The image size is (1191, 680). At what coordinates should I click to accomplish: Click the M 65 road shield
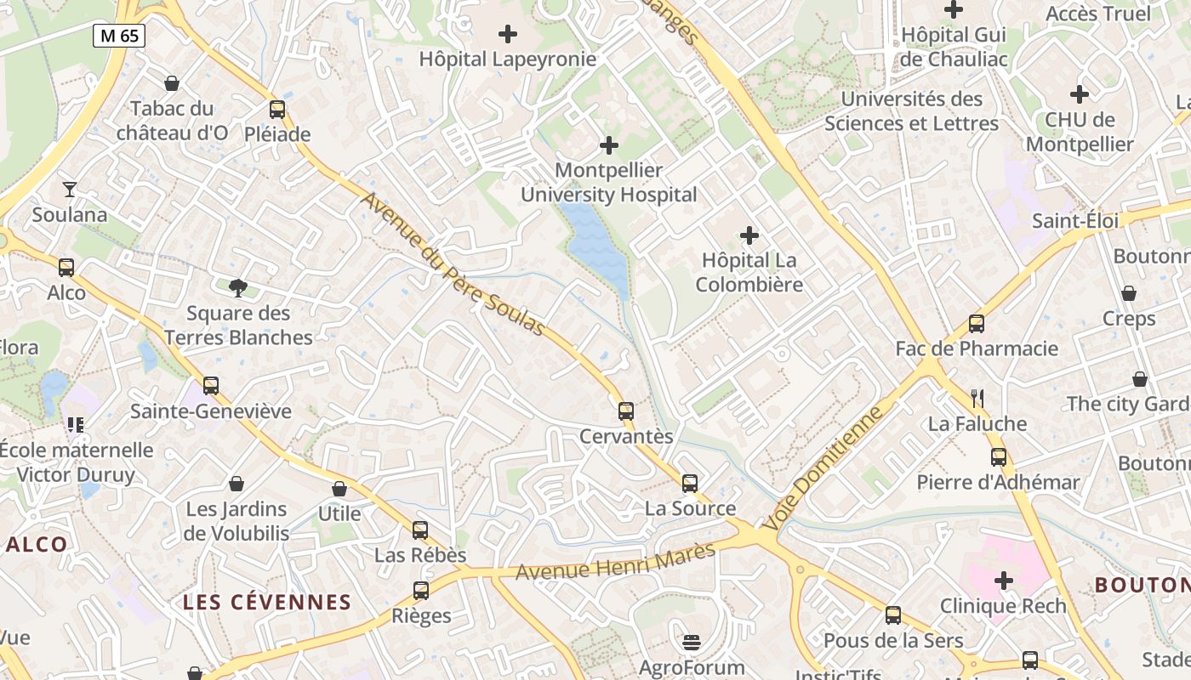click(x=119, y=36)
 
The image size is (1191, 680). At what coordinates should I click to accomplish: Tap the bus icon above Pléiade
click(x=277, y=110)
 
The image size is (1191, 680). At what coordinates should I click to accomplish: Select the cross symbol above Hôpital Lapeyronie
click(x=508, y=34)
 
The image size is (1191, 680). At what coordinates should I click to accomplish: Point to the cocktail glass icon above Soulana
click(x=70, y=190)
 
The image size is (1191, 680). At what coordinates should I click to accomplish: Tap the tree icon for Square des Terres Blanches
click(x=238, y=288)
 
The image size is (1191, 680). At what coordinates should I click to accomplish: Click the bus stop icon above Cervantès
click(x=626, y=411)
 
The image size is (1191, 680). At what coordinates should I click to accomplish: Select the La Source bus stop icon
click(x=690, y=484)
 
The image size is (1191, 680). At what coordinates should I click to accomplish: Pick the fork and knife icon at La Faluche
click(x=977, y=398)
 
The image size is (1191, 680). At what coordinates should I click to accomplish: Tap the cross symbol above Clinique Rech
click(x=1004, y=581)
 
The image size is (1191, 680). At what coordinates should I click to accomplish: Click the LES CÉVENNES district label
click(x=267, y=603)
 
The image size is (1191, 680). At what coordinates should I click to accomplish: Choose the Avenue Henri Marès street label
click(x=616, y=562)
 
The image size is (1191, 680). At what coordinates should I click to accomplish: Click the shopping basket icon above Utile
click(x=339, y=489)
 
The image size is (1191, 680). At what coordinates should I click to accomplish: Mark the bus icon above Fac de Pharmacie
click(x=977, y=324)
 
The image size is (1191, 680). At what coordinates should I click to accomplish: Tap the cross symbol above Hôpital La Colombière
click(x=749, y=235)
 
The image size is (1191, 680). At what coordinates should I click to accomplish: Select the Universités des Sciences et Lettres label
click(x=911, y=111)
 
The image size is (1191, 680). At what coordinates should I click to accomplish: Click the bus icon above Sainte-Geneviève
click(x=211, y=386)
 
